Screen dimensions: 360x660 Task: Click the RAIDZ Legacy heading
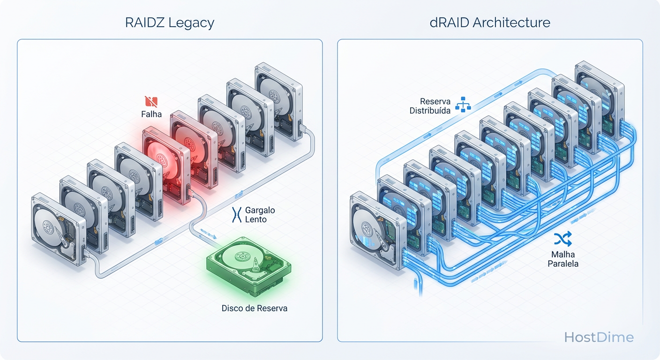click(170, 22)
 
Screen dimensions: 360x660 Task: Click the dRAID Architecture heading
click(490, 22)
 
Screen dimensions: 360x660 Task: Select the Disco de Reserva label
click(254, 308)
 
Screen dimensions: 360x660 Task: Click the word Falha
click(151, 113)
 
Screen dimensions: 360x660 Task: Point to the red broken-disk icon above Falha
click(151, 101)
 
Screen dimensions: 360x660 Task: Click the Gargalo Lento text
click(260, 215)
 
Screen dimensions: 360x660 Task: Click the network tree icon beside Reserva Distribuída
click(463, 105)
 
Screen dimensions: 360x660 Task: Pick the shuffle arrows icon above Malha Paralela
click(562, 239)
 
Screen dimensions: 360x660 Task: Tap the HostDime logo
click(599, 337)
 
